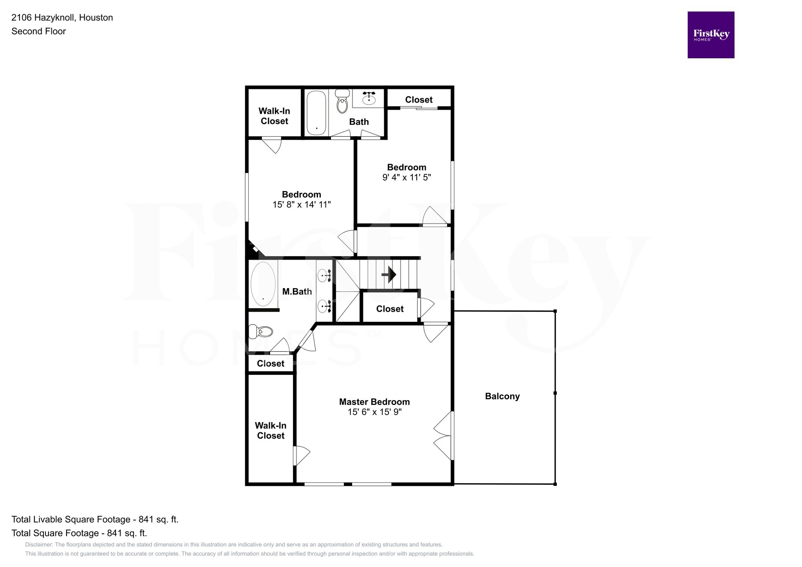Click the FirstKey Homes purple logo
click(x=710, y=35)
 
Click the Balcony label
click(x=502, y=396)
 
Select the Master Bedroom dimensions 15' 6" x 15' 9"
click(x=374, y=412)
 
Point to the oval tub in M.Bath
click(x=263, y=284)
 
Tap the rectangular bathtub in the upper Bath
click(x=316, y=113)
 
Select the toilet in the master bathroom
click(x=261, y=332)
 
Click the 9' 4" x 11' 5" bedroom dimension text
click(x=406, y=177)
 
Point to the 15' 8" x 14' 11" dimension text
click(x=302, y=204)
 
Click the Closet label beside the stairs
click(x=390, y=309)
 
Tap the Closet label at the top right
click(x=419, y=100)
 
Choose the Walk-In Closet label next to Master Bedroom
click(x=271, y=431)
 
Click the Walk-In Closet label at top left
click(x=274, y=116)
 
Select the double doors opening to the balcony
click(x=443, y=435)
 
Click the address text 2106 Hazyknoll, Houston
click(x=62, y=18)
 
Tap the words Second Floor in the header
click(x=38, y=31)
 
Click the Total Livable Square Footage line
click(x=95, y=519)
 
